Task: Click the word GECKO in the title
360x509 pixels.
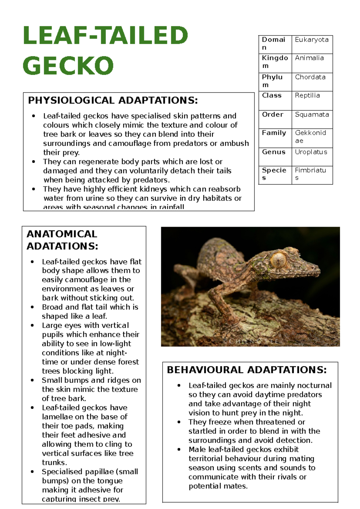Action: click(x=68, y=65)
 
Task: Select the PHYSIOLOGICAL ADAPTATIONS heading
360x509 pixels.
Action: click(x=113, y=100)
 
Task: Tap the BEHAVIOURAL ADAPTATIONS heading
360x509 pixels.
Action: click(x=247, y=370)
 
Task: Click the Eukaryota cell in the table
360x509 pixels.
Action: click(x=312, y=40)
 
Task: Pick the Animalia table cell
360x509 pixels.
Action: click(x=309, y=58)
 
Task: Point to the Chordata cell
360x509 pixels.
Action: click(x=310, y=77)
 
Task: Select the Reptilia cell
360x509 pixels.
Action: click(x=307, y=95)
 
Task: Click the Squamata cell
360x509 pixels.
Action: click(x=312, y=115)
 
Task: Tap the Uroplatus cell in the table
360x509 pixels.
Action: click(x=311, y=152)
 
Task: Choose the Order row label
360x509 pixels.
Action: click(x=272, y=115)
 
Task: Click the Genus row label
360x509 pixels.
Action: click(x=274, y=152)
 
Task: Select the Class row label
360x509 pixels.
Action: click(x=271, y=95)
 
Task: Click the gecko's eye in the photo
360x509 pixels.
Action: click(x=278, y=260)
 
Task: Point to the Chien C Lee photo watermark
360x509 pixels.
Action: click(x=251, y=341)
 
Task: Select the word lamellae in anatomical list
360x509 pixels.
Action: click(x=57, y=417)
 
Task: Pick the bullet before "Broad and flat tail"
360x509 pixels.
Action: click(x=32, y=307)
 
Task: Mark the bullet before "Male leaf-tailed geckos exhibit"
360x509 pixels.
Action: click(x=179, y=450)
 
